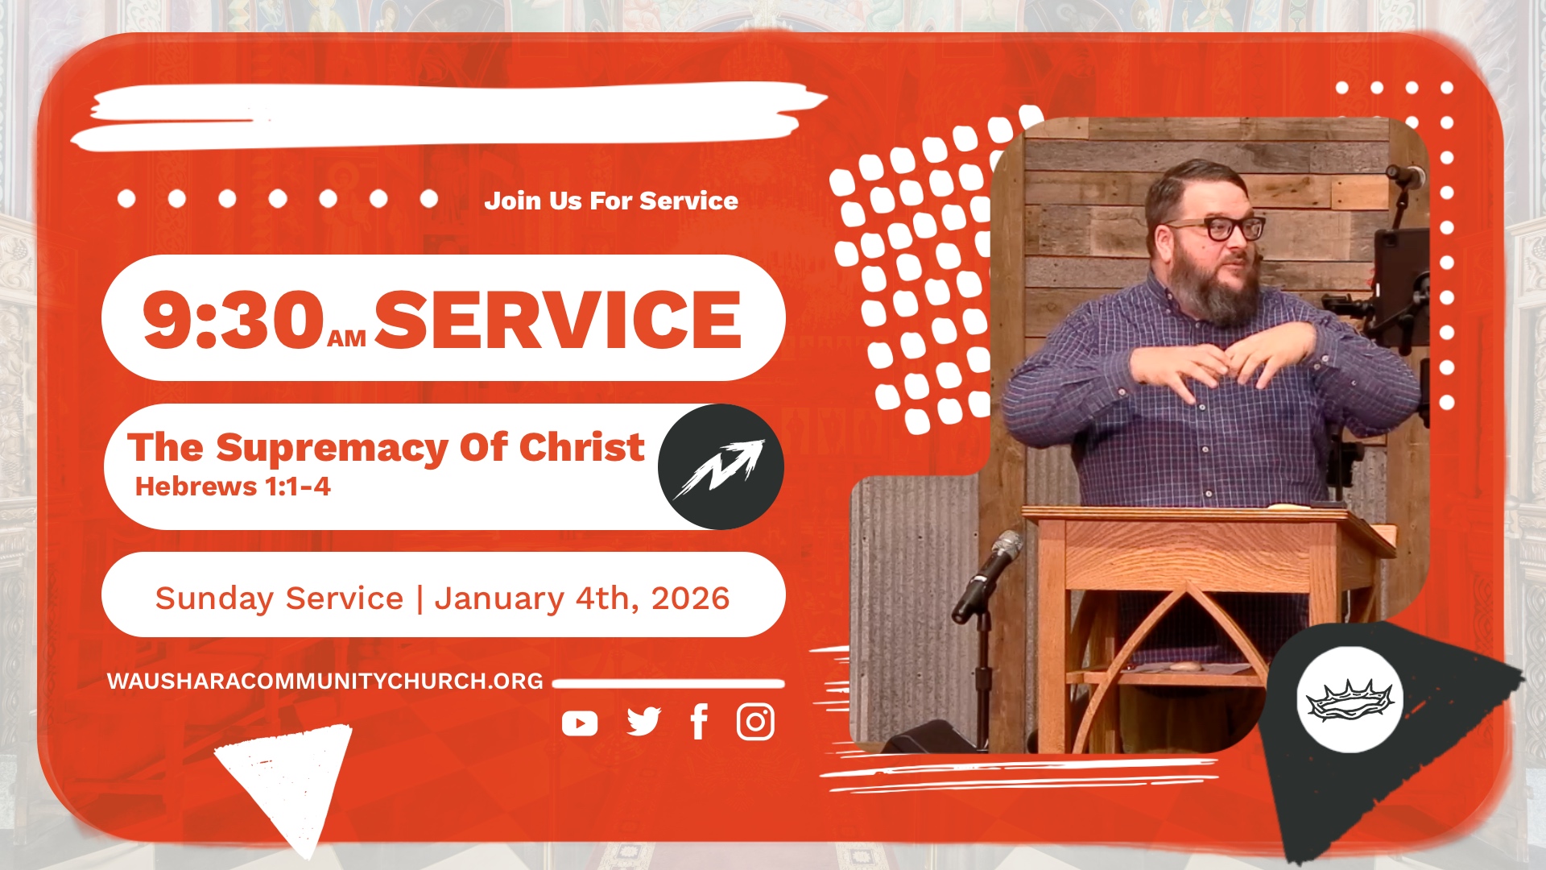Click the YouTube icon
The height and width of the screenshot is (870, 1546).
[x=580, y=723]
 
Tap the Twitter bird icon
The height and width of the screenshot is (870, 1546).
[x=644, y=722]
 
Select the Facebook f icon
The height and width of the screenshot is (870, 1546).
[x=700, y=722]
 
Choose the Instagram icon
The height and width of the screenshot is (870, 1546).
[x=755, y=722]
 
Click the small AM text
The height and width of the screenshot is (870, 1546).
[x=347, y=339]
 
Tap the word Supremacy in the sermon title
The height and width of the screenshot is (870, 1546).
[x=333, y=449]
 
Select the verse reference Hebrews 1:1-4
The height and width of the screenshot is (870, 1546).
[x=233, y=487]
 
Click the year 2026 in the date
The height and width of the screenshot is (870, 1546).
[x=690, y=599]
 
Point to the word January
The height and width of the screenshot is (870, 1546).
[x=499, y=599]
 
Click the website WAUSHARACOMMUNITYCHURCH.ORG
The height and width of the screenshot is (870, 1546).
[x=325, y=681]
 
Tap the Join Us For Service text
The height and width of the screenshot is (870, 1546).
[x=611, y=201]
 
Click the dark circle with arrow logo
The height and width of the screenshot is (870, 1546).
[x=721, y=466]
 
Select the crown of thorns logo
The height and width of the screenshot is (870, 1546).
[x=1350, y=699]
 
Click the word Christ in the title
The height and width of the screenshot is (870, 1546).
[x=581, y=447]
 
